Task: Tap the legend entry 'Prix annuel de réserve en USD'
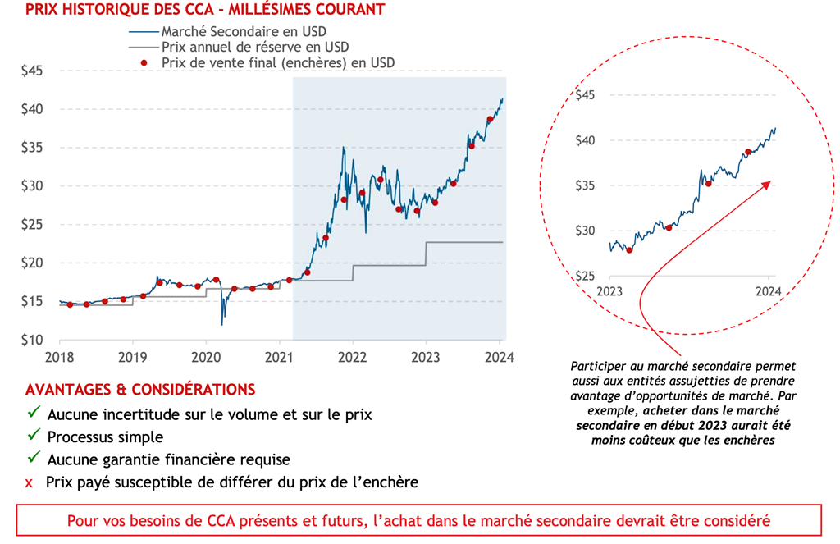click(249, 47)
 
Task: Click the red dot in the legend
click(144, 63)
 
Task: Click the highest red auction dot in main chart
click(490, 119)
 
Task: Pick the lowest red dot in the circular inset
click(629, 249)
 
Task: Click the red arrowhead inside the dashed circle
click(767, 184)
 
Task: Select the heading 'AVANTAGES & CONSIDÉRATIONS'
click(140, 389)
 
